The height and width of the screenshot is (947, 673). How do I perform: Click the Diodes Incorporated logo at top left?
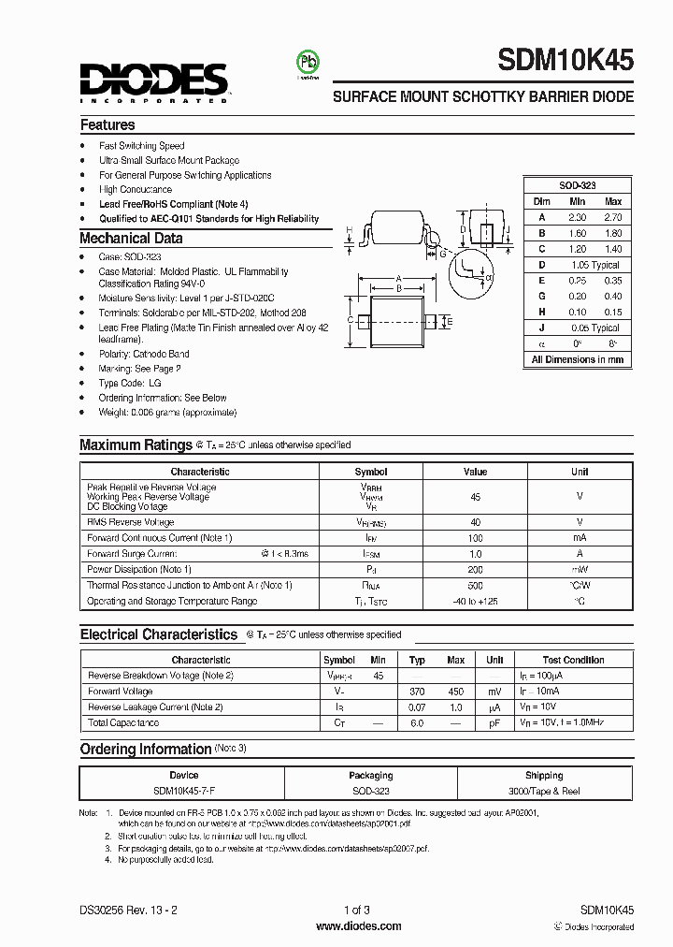click(152, 80)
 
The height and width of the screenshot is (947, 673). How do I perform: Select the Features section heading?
click(107, 124)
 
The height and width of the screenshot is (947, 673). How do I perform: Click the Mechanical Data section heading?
click(131, 239)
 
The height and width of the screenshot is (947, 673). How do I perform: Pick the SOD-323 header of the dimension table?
click(577, 186)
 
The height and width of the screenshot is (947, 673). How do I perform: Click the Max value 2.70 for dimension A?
click(613, 217)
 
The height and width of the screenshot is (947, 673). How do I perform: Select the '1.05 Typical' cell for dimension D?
click(595, 265)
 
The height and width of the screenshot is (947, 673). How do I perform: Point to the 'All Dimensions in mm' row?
click(577, 359)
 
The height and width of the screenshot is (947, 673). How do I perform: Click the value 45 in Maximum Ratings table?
click(475, 498)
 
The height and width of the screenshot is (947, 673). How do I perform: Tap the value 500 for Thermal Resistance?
click(475, 585)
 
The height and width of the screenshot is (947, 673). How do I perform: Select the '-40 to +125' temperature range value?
click(475, 602)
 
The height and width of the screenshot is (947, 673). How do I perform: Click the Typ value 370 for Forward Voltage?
click(418, 691)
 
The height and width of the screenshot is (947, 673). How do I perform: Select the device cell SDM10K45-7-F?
click(184, 791)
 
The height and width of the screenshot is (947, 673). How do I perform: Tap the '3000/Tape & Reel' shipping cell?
click(544, 791)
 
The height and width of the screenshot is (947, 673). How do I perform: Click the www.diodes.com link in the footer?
click(359, 926)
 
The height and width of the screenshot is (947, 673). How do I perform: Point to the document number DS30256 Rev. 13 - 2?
click(124, 910)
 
